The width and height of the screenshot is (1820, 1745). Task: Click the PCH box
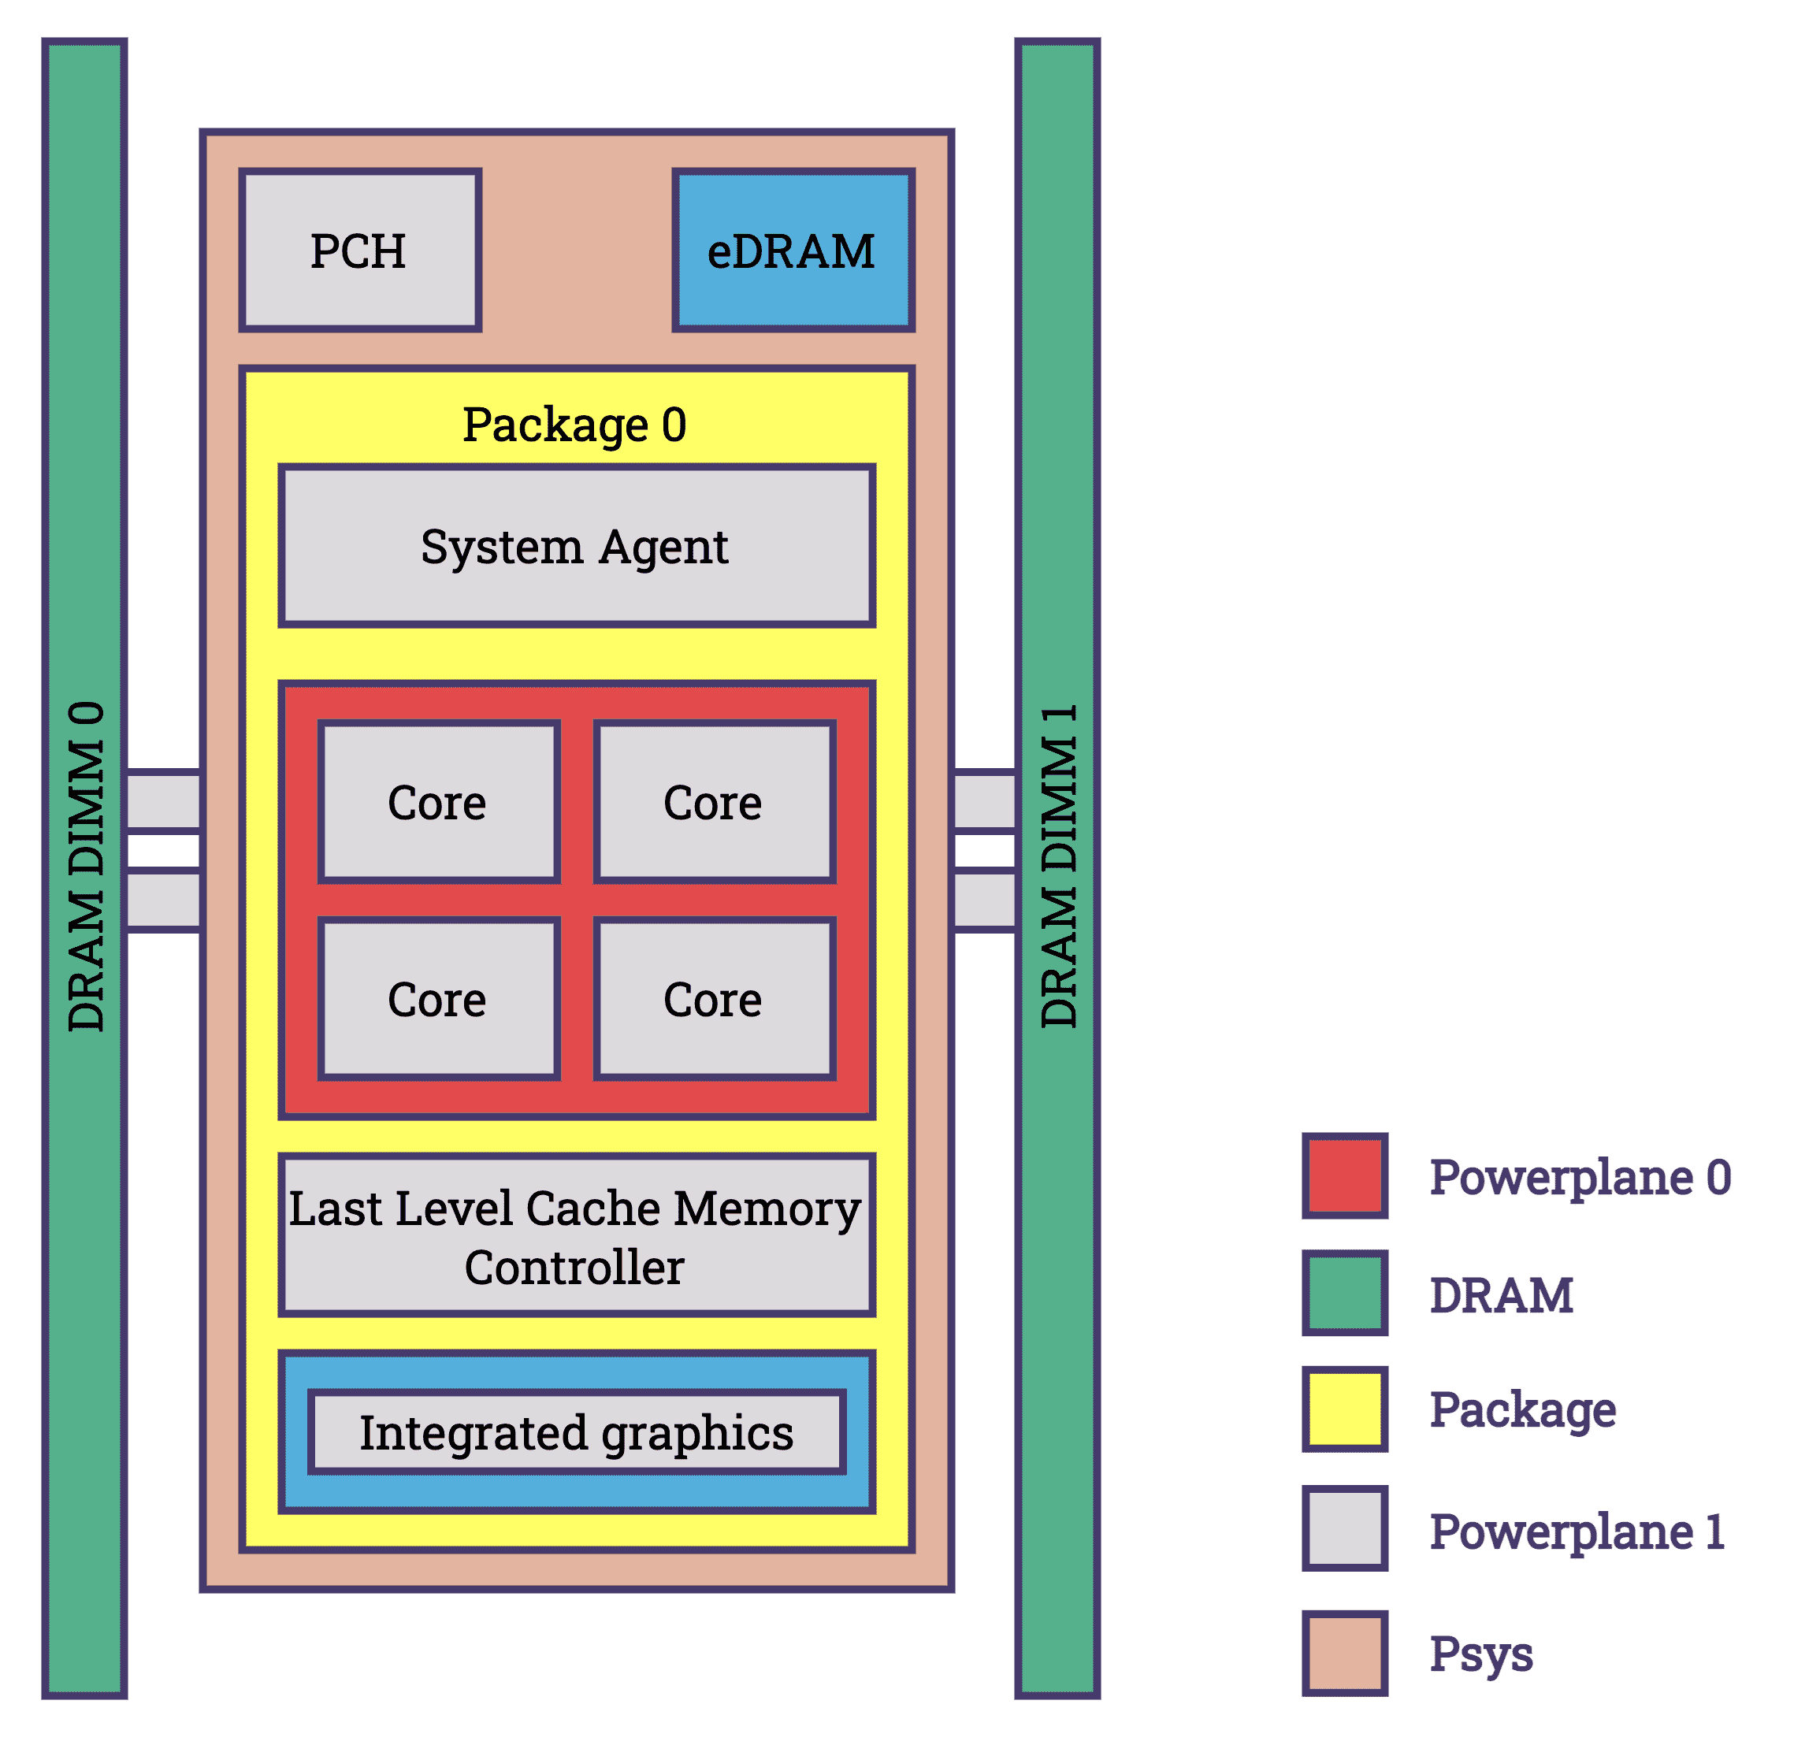point(359,250)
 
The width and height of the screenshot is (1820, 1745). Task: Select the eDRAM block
point(793,250)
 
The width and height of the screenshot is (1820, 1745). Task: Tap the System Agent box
point(576,546)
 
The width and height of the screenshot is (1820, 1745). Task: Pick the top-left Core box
point(438,801)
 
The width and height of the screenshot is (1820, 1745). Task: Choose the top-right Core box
point(713,801)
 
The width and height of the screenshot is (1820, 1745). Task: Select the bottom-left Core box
point(438,998)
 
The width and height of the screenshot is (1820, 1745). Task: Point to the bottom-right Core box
point(713,998)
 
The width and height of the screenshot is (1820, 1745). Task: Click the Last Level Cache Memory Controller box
point(576,1235)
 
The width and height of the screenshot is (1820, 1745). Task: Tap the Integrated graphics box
point(576,1432)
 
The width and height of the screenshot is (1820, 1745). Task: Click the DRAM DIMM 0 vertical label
point(87,866)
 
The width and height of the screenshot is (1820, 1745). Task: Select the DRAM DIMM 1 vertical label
point(1059,866)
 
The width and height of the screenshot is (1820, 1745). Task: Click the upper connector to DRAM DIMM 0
point(163,800)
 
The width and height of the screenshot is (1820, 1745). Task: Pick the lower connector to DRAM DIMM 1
point(985,899)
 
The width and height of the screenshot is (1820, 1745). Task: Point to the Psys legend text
point(1480,1653)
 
